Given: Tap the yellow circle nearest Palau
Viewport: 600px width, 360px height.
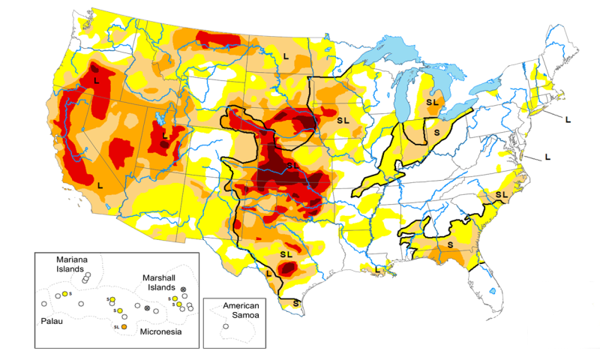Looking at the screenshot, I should click(65, 293).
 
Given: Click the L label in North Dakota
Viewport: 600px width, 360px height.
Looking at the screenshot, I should click(286, 55).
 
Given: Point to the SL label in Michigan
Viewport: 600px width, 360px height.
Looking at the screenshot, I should click(433, 101).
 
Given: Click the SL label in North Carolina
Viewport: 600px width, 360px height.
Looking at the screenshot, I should click(501, 194).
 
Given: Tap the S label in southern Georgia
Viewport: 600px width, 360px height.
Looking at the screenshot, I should click(450, 244).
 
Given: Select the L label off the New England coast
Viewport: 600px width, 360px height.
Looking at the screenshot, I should click(568, 119).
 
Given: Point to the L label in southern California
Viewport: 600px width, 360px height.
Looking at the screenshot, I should click(100, 184).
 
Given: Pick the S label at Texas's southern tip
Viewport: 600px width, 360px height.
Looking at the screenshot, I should click(296, 303).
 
